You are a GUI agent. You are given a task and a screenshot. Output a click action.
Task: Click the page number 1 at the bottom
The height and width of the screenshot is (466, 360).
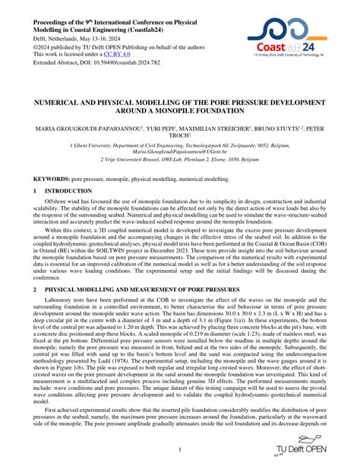coord(180,449)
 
